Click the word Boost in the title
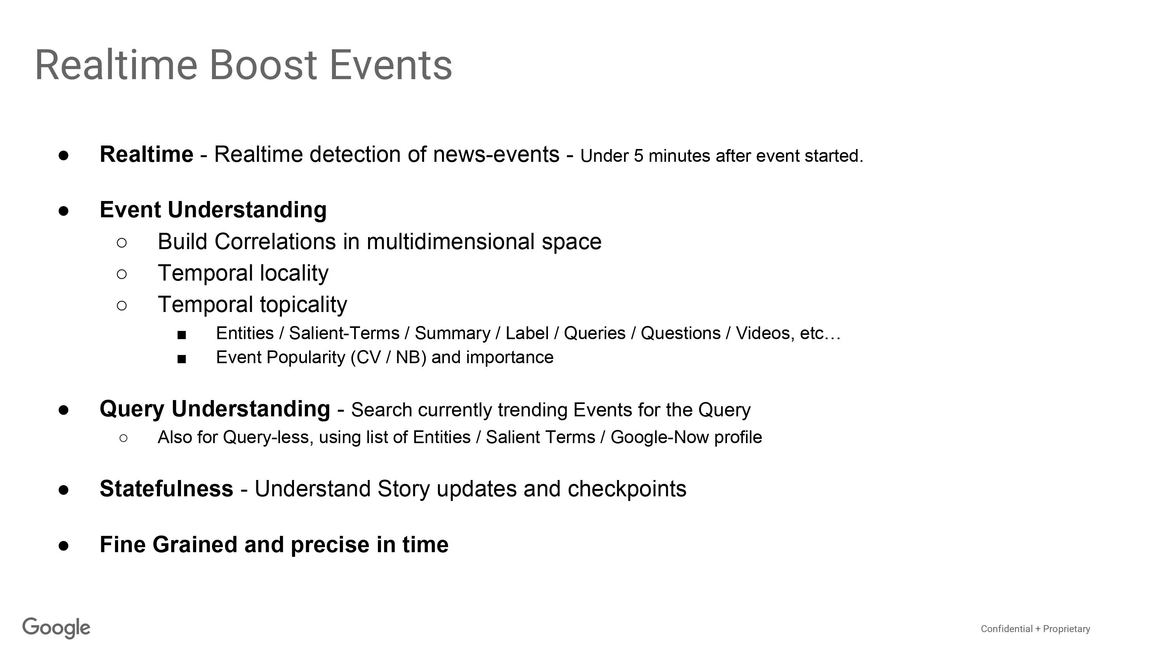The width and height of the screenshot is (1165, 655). [x=264, y=65]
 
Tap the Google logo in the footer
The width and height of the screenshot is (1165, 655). [x=57, y=628]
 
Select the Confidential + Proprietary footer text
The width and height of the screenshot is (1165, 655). [x=1035, y=629]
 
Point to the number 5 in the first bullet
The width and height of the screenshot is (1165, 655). [x=638, y=156]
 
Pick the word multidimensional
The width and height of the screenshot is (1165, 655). [x=451, y=242]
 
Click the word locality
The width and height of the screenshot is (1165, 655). [x=294, y=273]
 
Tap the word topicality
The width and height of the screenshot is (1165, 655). [x=303, y=304]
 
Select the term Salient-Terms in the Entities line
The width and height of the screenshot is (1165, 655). [x=344, y=333]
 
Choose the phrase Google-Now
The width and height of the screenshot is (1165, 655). [x=660, y=437]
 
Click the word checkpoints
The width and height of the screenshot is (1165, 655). [x=627, y=489]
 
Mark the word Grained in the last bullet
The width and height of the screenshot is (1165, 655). [x=195, y=544]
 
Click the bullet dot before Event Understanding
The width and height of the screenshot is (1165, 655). [x=63, y=211]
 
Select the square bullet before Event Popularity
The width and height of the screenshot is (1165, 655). [x=182, y=359]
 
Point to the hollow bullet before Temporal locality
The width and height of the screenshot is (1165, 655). [x=122, y=274]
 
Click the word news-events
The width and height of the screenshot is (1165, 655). [x=496, y=154]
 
